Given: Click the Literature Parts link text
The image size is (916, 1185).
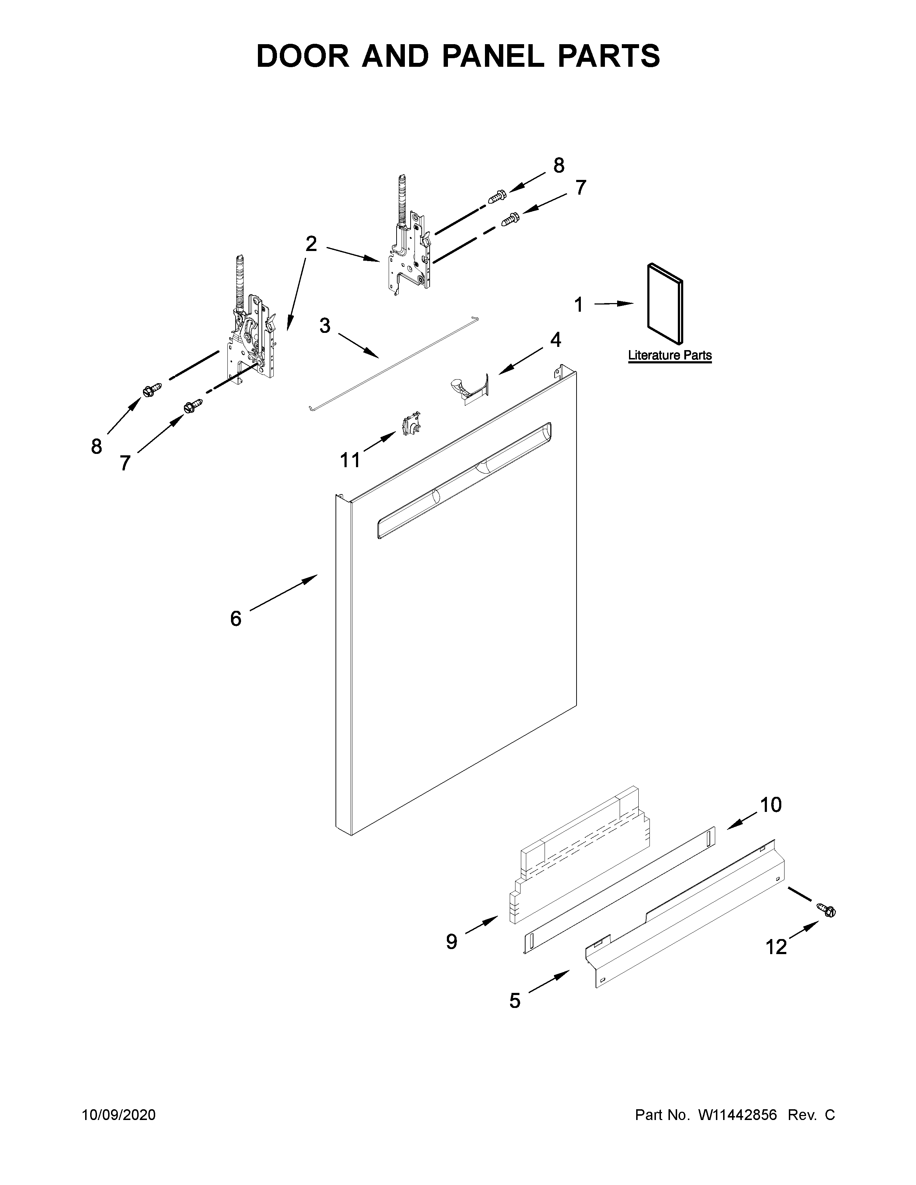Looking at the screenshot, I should point(670,355).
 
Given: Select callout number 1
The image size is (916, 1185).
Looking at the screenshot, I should point(578,305).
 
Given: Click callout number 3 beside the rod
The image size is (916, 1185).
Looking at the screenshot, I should point(324,326).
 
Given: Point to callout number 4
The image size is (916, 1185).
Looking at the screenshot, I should point(555,340).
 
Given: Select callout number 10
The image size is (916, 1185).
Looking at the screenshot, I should point(770,805).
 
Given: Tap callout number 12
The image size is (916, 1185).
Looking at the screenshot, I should point(776,947).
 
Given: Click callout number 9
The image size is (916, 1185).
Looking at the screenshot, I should point(452,942).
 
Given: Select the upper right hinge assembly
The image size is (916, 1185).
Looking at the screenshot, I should point(410,250).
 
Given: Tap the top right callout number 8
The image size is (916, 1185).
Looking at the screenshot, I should point(558,165).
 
